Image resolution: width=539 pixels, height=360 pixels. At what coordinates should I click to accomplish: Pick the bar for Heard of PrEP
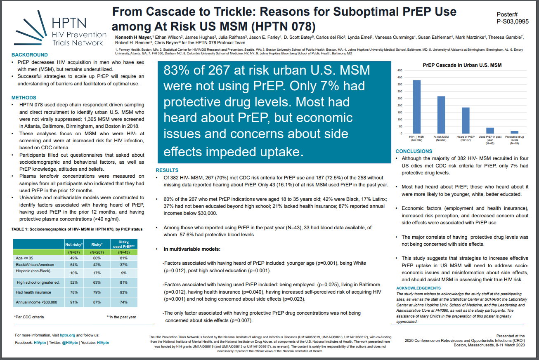point(466,120)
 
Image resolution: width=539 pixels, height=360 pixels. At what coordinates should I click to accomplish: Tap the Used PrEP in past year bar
point(490,130)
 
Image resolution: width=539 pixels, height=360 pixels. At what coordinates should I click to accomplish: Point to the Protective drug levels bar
point(514,132)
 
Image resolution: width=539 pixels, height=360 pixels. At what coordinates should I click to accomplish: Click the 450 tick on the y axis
point(399,71)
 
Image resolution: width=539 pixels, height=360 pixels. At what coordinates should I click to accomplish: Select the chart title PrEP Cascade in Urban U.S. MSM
point(462,65)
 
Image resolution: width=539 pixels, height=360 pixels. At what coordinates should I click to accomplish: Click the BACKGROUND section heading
point(30,55)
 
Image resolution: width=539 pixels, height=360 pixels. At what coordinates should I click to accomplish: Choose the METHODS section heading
point(24,98)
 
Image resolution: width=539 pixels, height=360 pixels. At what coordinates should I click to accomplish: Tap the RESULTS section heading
point(167,170)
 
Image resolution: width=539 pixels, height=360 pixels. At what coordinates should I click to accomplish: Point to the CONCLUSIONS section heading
point(414,151)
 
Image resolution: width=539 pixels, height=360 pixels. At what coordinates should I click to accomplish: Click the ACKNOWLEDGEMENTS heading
point(418,288)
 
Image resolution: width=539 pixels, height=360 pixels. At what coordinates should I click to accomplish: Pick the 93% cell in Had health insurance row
point(124,292)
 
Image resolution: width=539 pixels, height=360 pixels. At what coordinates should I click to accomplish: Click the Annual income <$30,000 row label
point(36,302)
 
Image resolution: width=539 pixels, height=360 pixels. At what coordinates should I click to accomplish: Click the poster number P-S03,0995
point(513,21)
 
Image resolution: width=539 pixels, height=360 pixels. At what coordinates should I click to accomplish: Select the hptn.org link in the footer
point(68,335)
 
